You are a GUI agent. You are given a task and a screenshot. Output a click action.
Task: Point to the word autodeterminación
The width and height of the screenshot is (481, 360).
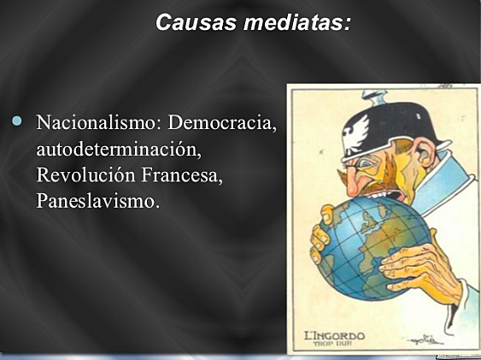point(117,150)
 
